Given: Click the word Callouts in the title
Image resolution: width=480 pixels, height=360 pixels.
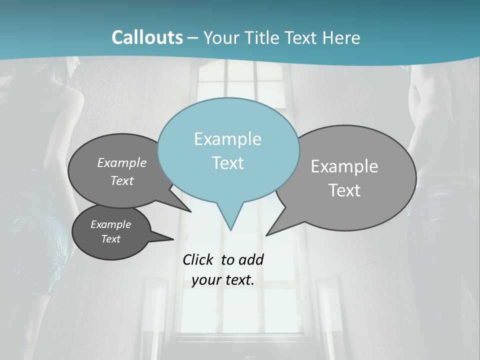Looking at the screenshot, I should pyautogui.click(x=147, y=37).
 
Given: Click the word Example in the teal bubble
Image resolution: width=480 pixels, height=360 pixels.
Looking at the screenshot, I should pyautogui.click(x=227, y=139).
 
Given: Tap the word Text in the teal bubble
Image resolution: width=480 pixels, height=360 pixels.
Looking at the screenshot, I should pyautogui.click(x=227, y=163).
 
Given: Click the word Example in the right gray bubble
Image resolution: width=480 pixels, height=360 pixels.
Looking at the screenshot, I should pyautogui.click(x=344, y=166).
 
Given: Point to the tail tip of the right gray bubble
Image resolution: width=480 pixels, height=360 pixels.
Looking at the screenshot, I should pyautogui.click(x=266, y=234).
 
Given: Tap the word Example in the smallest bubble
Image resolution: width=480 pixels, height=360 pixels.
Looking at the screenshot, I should pyautogui.click(x=110, y=224).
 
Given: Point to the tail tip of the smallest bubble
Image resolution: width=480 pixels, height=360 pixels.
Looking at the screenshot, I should pyautogui.click(x=173, y=239).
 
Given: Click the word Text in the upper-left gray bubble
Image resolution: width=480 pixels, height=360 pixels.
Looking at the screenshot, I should pyautogui.click(x=121, y=181).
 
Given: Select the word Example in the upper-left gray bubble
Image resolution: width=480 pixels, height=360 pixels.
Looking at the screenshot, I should pyautogui.click(x=121, y=162).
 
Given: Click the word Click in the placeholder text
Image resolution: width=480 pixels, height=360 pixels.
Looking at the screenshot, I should pyautogui.click(x=198, y=259).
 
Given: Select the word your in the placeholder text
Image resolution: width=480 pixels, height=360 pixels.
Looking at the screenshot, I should pyautogui.click(x=206, y=280).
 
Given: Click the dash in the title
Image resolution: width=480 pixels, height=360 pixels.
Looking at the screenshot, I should pyautogui.click(x=193, y=37).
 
